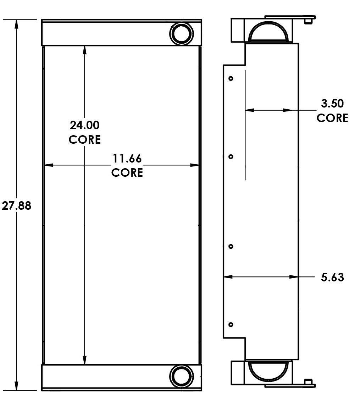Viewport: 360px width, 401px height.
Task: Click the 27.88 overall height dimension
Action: pos(16,205)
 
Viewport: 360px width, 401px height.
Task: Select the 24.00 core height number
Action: pos(84,125)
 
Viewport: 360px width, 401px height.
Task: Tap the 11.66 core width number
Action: pos(127,158)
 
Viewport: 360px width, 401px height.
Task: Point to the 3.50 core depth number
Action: pos(332,104)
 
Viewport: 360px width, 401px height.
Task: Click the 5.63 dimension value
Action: pos(332,277)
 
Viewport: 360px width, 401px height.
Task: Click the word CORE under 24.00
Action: pos(84,139)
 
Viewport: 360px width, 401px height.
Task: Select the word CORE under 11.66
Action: pos(127,172)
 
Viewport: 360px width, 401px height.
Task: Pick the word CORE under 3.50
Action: pos(332,118)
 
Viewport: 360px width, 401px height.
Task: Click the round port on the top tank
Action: pos(182,34)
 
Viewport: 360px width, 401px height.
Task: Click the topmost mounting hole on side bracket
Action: pos(231,78)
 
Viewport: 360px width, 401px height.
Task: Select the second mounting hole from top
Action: pos(231,156)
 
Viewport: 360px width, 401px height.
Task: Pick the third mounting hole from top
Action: pos(231,246)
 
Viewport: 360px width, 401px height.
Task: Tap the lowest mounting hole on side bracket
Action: pos(231,324)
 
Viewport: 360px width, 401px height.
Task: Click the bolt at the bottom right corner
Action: pos(309,384)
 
